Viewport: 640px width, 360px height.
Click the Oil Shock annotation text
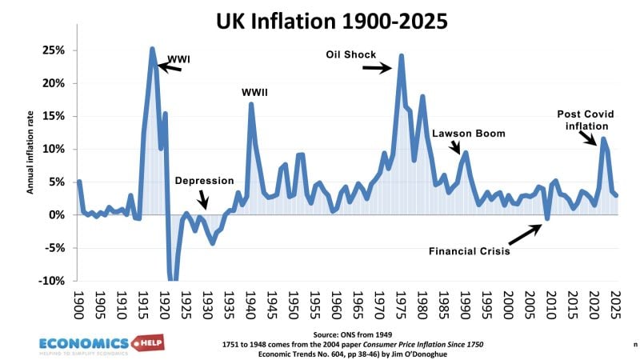pyautogui.click(x=351, y=54)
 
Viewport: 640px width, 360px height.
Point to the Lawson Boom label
pyautogui.click(x=469, y=134)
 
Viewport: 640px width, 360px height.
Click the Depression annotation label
pyautogui.click(x=204, y=181)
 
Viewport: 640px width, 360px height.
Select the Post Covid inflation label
pyautogui.click(x=583, y=120)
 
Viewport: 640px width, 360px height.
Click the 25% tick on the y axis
pyautogui.click(x=54, y=50)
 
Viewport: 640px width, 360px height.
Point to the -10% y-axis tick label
pyautogui.click(x=51, y=281)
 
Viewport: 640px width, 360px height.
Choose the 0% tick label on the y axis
pyautogui.click(x=57, y=215)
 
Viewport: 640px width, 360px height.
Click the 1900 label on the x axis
pyautogui.click(x=78, y=303)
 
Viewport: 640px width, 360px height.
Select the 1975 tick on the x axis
pyautogui.click(x=401, y=303)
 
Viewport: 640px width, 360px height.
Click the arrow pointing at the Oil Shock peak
pyautogui.click(x=376, y=68)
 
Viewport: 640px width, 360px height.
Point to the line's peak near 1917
pyautogui.click(x=152, y=50)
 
